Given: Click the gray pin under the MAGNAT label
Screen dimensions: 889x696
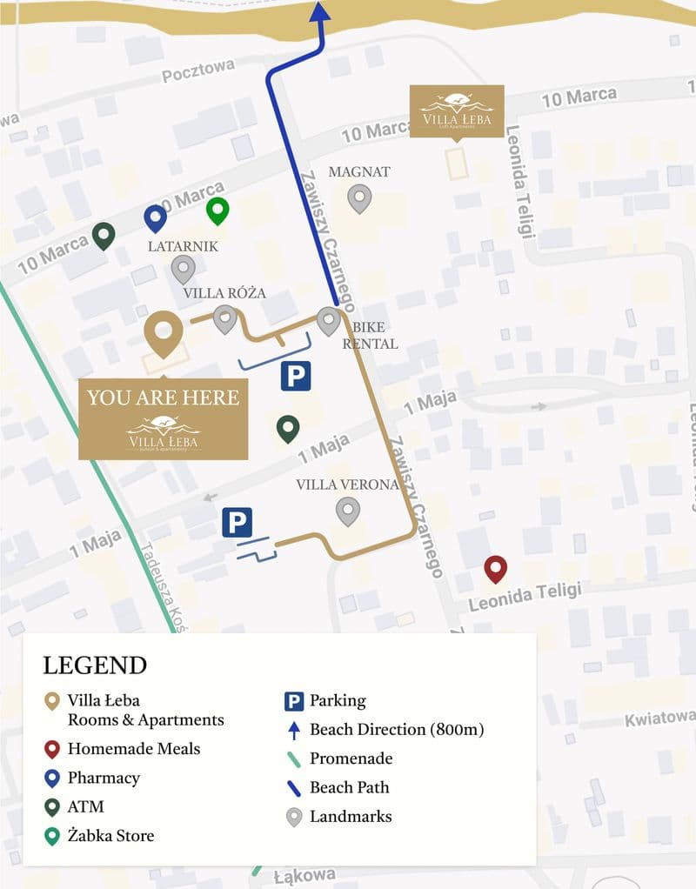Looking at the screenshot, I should (x=359, y=198).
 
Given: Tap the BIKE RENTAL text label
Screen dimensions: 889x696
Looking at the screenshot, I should (x=370, y=336).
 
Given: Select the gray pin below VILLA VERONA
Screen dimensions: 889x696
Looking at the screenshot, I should (x=348, y=510).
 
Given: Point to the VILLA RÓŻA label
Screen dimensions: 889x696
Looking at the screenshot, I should (x=224, y=293).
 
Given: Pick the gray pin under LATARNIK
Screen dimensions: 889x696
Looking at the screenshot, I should (x=183, y=269).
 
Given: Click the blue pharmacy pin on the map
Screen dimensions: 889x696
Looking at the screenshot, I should (x=155, y=217).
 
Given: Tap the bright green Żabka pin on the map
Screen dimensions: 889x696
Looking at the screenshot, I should (x=217, y=210).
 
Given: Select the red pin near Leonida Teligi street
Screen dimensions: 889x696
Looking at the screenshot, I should (x=495, y=569).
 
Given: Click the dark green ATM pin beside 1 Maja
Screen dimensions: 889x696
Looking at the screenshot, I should (x=288, y=427).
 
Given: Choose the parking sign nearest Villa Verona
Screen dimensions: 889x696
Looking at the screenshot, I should (x=237, y=523).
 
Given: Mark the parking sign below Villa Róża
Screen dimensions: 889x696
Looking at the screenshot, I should (x=295, y=376).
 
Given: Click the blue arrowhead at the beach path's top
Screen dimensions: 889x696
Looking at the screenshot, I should (x=319, y=11).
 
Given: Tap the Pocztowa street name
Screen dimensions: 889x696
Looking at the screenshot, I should (x=198, y=71).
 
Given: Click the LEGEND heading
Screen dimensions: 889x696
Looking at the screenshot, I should (x=95, y=665).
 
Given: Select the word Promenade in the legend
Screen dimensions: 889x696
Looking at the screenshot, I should (x=351, y=759).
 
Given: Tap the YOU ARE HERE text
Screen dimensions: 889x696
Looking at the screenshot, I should (x=163, y=398).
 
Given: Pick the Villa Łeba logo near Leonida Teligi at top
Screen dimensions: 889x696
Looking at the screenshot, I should (x=457, y=111).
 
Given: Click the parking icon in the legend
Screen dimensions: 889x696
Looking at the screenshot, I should (x=294, y=701).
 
